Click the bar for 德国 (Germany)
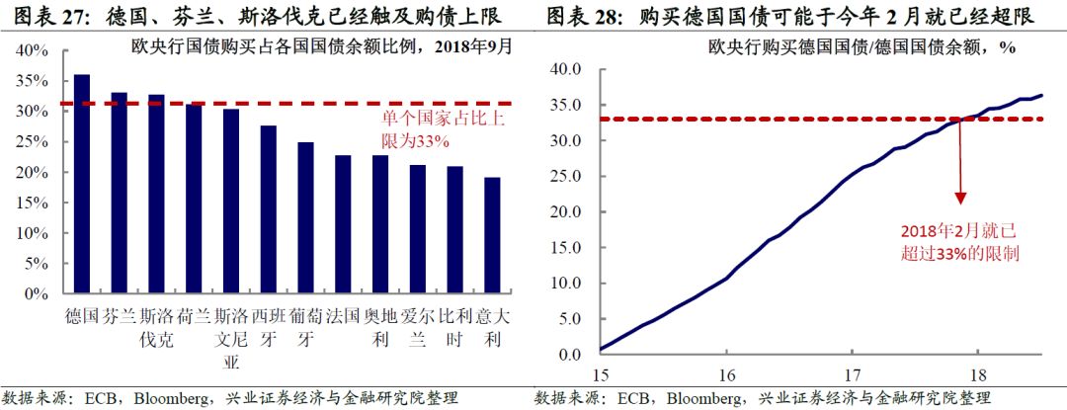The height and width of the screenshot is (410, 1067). point(82,184)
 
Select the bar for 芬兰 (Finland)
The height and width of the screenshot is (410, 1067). point(119,193)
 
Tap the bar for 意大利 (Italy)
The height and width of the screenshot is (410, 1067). point(491,235)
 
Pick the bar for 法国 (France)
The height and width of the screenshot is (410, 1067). point(343,224)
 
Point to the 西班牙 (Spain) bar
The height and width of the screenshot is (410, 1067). point(268,209)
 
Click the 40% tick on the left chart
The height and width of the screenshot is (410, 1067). point(32,50)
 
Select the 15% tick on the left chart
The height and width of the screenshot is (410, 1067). point(32,203)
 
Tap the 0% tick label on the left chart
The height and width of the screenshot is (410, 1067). point(36,294)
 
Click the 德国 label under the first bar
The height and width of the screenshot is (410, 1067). point(82,318)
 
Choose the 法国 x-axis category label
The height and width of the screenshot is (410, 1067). point(343,318)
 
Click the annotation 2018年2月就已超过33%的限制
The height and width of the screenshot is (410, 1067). point(959,241)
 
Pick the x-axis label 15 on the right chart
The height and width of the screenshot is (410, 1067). point(603,376)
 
